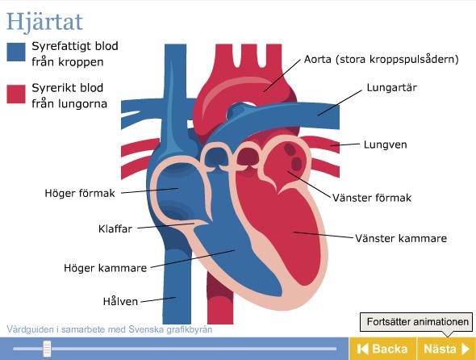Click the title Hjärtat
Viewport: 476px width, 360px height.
coord(44,22)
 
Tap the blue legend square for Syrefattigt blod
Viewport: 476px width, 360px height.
coord(16,52)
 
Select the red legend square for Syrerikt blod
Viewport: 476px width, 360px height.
coord(16,94)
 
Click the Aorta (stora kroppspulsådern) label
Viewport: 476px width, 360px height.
coord(382,59)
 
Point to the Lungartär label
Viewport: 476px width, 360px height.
coord(391,87)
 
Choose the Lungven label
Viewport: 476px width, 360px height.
coord(385,144)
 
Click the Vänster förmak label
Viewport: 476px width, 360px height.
coord(372,198)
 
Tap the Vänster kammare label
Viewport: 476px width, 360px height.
coord(401,238)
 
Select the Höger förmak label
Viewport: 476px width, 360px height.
coord(80,193)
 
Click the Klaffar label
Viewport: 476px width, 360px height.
coord(115,228)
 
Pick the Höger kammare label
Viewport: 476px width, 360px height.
coord(106,268)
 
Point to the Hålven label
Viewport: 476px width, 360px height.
coord(120,301)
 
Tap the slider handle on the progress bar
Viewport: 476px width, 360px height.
coord(47,349)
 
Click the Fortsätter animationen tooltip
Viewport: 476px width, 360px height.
coord(416,322)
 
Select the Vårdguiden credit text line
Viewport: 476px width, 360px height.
coord(109,329)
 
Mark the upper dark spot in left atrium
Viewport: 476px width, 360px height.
coord(290,149)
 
